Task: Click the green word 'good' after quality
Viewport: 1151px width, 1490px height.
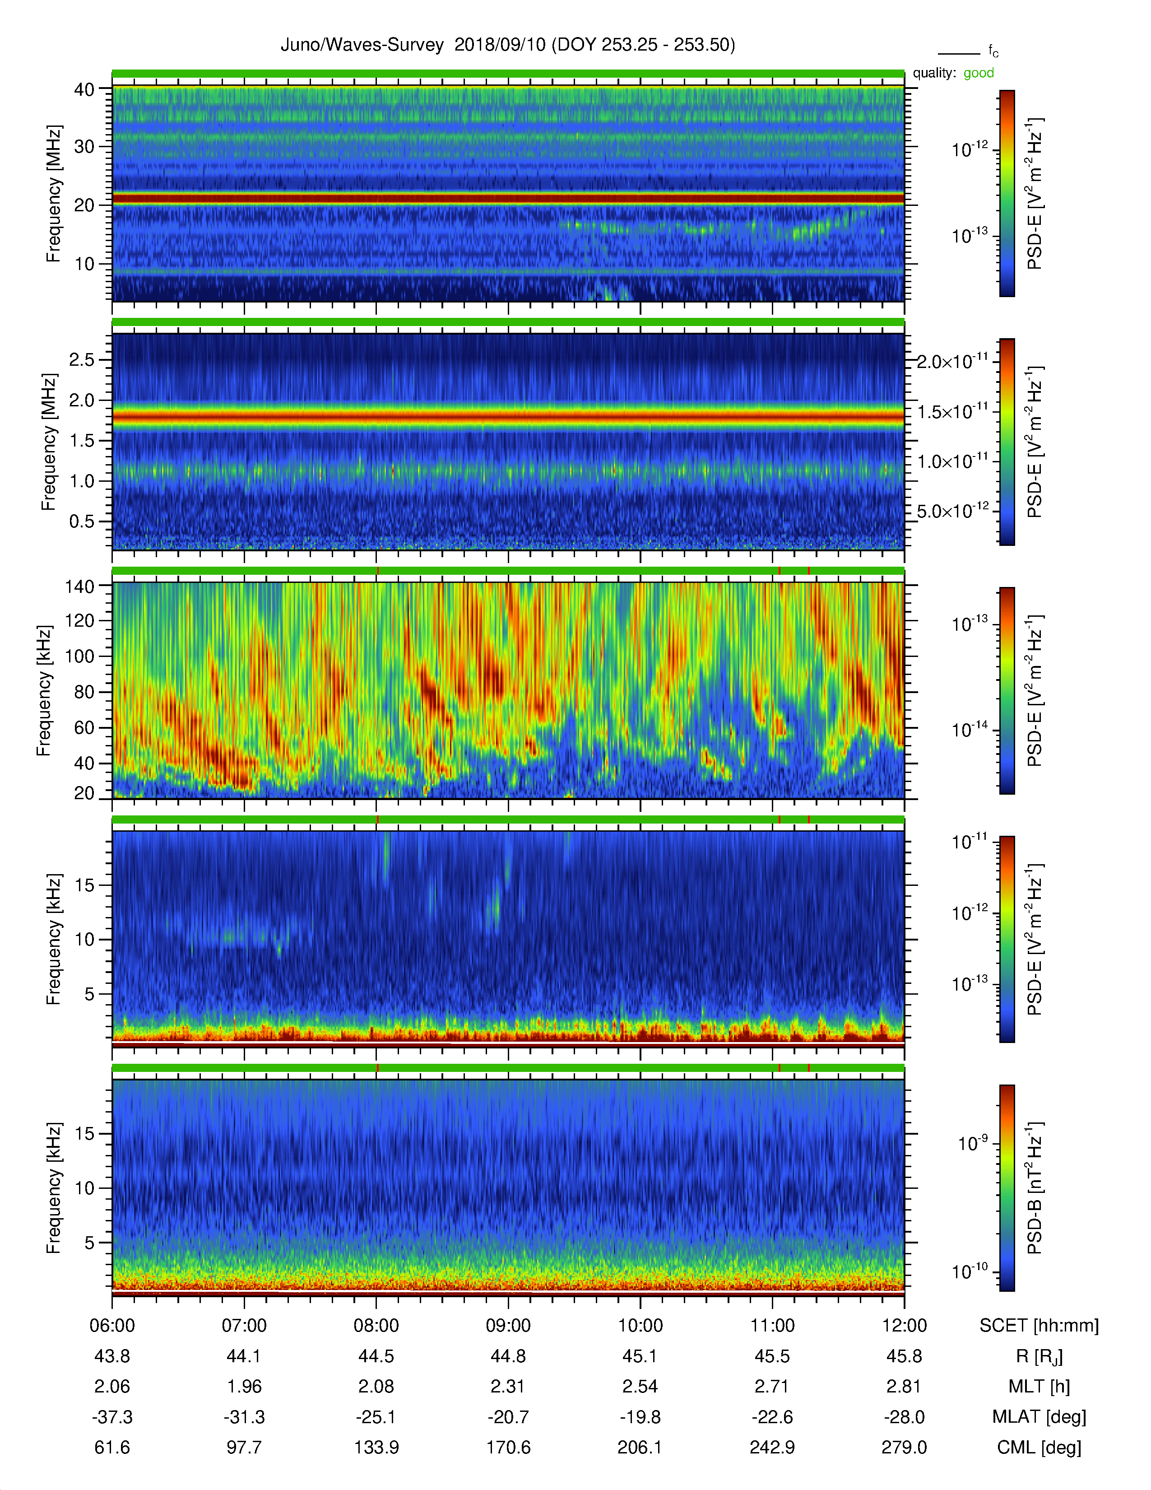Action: coord(979,73)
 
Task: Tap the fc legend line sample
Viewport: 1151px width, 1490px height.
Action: coord(959,53)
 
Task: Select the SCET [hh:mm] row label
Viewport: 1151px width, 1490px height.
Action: coord(1039,1326)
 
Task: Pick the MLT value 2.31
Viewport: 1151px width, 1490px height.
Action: coord(508,1386)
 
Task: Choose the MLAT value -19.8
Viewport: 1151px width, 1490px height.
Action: coord(640,1417)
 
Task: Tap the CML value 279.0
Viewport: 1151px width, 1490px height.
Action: coord(904,1447)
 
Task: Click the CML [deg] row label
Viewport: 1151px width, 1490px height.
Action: coord(1039,1448)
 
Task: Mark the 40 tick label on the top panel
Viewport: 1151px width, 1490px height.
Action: coord(84,89)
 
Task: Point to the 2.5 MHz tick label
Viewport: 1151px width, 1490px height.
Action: coord(82,359)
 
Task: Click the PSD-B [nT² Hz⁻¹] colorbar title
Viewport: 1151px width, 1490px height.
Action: coord(1035,1188)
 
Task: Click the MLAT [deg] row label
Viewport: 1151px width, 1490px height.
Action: coord(1039,1417)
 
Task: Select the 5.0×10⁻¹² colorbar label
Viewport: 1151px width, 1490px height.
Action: coord(952,511)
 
